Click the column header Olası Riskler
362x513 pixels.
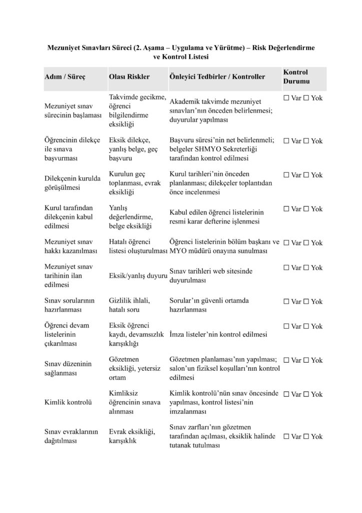[x=129, y=78]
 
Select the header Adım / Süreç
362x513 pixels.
[x=65, y=78]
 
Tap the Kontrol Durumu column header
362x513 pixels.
[x=296, y=76]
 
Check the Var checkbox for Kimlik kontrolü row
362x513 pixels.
[x=286, y=394]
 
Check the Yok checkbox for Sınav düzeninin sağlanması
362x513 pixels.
[x=306, y=360]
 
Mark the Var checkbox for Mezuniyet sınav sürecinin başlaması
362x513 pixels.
[x=286, y=98]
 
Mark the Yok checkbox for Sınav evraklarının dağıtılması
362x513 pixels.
[x=306, y=437]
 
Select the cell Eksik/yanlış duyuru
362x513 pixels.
[x=137, y=276]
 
